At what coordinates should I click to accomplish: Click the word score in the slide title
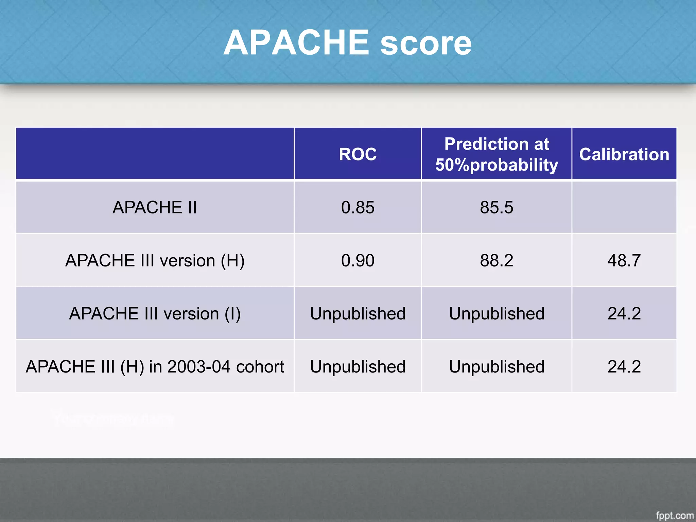pos(426,44)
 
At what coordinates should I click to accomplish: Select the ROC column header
pos(358,154)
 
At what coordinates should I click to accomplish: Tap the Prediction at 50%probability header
pos(497,154)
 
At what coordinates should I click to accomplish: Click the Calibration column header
pos(624,154)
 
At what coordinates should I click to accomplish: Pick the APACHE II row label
pos(155,207)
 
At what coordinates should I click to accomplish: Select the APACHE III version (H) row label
pos(155,261)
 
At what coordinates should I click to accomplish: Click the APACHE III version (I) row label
pos(155,313)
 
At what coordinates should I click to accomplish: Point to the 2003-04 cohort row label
pos(155,367)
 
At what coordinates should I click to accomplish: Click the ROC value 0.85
pos(358,207)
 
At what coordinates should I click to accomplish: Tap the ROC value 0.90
pos(358,261)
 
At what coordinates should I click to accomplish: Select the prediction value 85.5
pos(497,207)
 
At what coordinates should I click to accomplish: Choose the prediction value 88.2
pos(497,261)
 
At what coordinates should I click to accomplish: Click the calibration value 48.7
pos(624,261)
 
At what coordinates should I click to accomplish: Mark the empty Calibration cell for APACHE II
pos(624,207)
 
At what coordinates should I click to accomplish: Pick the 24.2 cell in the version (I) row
pos(624,313)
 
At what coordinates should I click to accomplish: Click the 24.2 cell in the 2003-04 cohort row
pos(624,367)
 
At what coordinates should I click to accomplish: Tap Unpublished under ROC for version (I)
pos(358,313)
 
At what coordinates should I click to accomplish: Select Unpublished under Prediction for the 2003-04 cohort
pos(497,367)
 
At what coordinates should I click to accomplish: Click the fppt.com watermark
pos(674,515)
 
